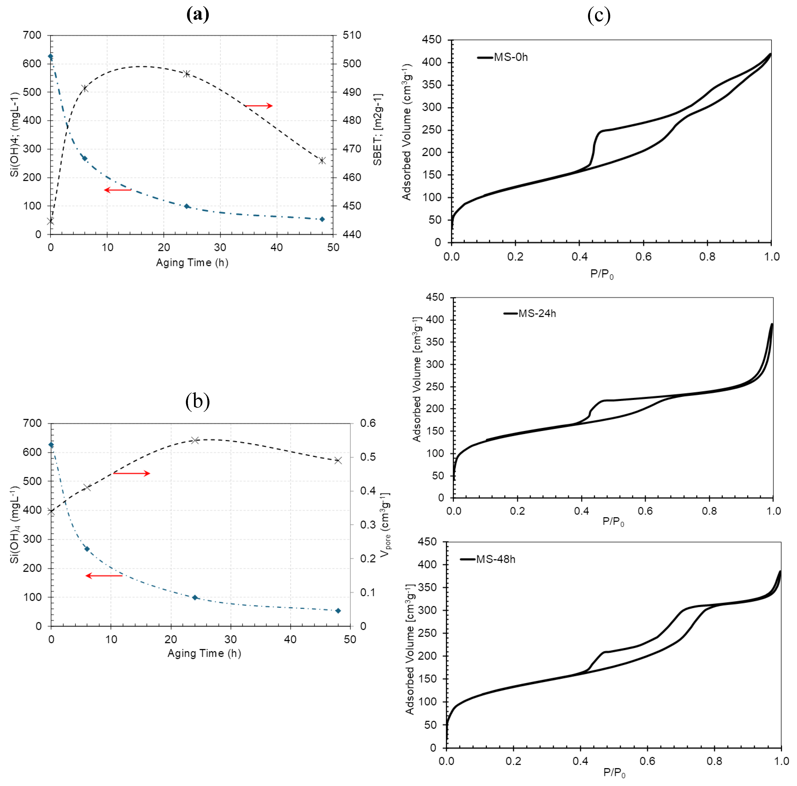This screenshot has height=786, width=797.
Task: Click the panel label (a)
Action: pyautogui.click(x=198, y=15)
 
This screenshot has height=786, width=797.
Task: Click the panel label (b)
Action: pyautogui.click(x=198, y=401)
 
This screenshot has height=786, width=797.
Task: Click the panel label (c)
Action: pyautogui.click(x=599, y=16)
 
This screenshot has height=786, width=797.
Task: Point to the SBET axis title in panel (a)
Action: pyautogui.click(x=377, y=130)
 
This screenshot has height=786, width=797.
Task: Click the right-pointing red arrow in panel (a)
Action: pyautogui.click(x=259, y=106)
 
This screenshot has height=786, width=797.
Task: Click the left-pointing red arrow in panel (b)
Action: pyautogui.click(x=104, y=576)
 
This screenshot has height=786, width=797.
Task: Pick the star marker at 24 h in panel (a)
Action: pyautogui.click(x=187, y=74)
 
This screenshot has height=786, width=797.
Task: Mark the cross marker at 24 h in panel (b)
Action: pyautogui.click(x=195, y=440)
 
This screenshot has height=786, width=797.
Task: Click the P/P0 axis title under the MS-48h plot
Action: pyautogui.click(x=614, y=772)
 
